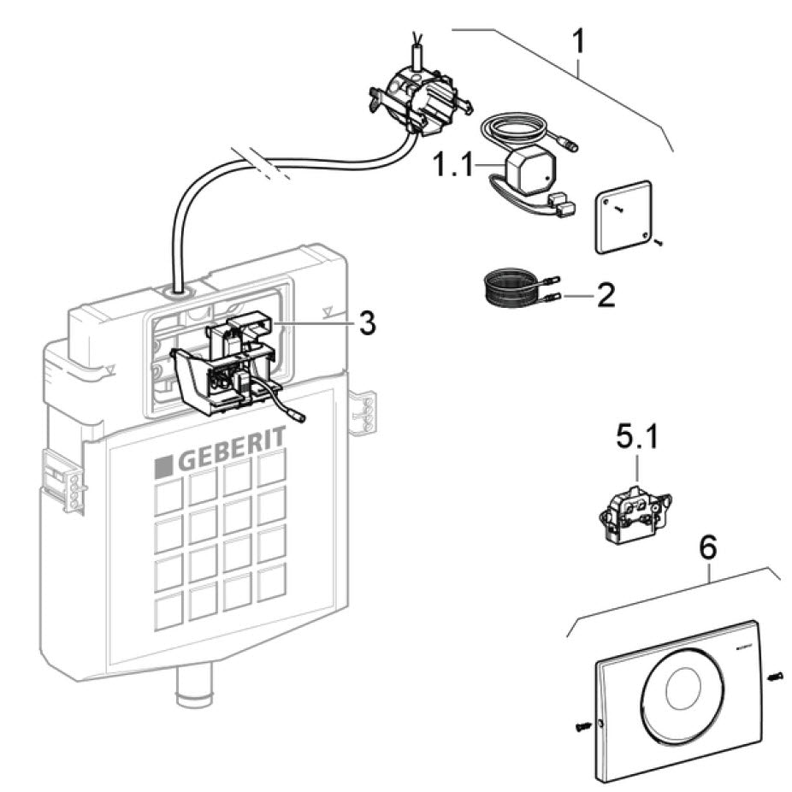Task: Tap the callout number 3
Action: [x=367, y=324]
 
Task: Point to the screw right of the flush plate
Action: [x=775, y=676]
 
